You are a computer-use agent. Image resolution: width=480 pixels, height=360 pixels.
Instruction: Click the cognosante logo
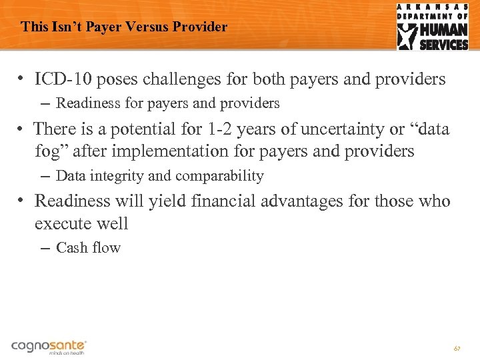pyautogui.click(x=49, y=346)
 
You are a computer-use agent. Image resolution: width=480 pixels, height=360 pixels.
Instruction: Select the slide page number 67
pyautogui.click(x=457, y=349)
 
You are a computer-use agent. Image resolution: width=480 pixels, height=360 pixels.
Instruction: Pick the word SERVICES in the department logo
pyautogui.click(x=444, y=45)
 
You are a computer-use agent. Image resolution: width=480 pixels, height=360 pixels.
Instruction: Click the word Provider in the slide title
pyautogui.click(x=201, y=27)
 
